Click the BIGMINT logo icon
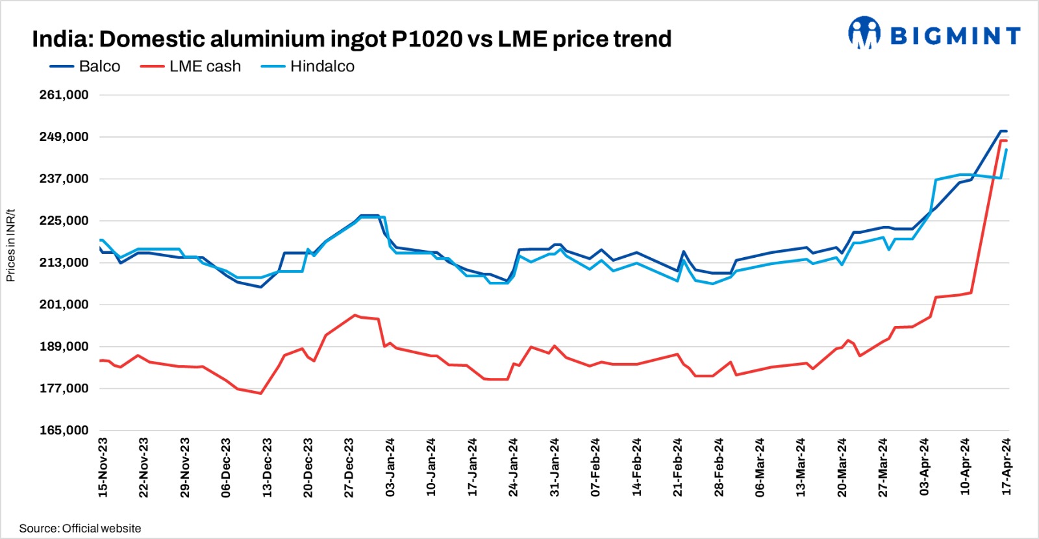coord(864,33)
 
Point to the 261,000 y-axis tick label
coord(64,95)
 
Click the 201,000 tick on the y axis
coord(64,305)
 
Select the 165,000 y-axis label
coord(64,431)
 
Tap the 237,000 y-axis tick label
coord(64,179)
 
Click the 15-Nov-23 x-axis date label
coord(103,468)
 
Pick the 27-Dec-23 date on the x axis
coord(349,468)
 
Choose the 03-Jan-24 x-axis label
coord(390,468)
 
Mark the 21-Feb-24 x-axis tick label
coord(678,468)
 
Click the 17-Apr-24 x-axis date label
coord(1007,468)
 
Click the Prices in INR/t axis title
coord(10,245)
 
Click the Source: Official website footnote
coord(80,529)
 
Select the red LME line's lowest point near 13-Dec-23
coord(260,393)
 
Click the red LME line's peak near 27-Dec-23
coord(355,315)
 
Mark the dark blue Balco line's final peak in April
coord(1002,131)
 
